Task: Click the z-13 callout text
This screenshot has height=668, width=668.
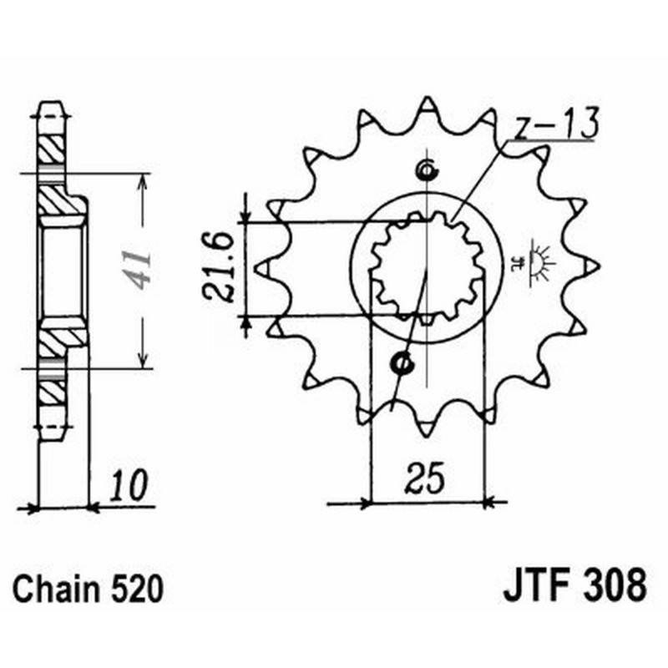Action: click(x=555, y=124)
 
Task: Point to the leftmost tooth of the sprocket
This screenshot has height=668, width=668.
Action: click(x=261, y=269)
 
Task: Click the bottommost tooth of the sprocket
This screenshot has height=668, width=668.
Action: click(x=425, y=428)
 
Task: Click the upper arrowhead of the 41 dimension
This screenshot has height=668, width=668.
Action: click(x=144, y=180)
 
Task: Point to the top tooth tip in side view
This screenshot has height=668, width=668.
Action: click(x=52, y=109)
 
